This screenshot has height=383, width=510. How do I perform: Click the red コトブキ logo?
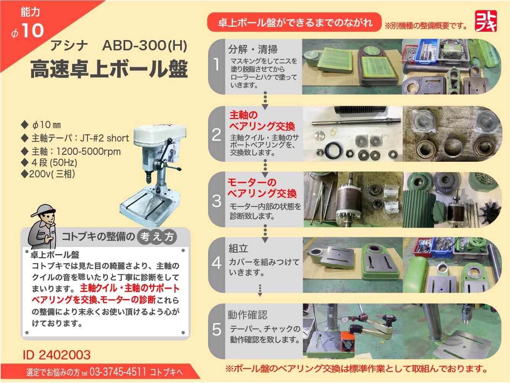(486, 19)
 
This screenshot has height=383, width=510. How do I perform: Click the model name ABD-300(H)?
(145, 46)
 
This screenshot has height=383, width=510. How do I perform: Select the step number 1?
(216, 65)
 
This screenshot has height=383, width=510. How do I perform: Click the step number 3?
(216, 201)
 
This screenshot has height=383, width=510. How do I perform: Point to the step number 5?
(216, 330)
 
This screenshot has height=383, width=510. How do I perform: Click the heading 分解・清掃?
(253, 49)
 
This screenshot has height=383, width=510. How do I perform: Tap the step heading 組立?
(238, 249)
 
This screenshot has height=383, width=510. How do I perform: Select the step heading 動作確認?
(247, 315)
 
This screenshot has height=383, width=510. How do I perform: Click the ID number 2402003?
(56, 355)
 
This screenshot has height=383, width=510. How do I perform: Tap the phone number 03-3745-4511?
(118, 372)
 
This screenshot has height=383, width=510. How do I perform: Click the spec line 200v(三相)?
(49, 174)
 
